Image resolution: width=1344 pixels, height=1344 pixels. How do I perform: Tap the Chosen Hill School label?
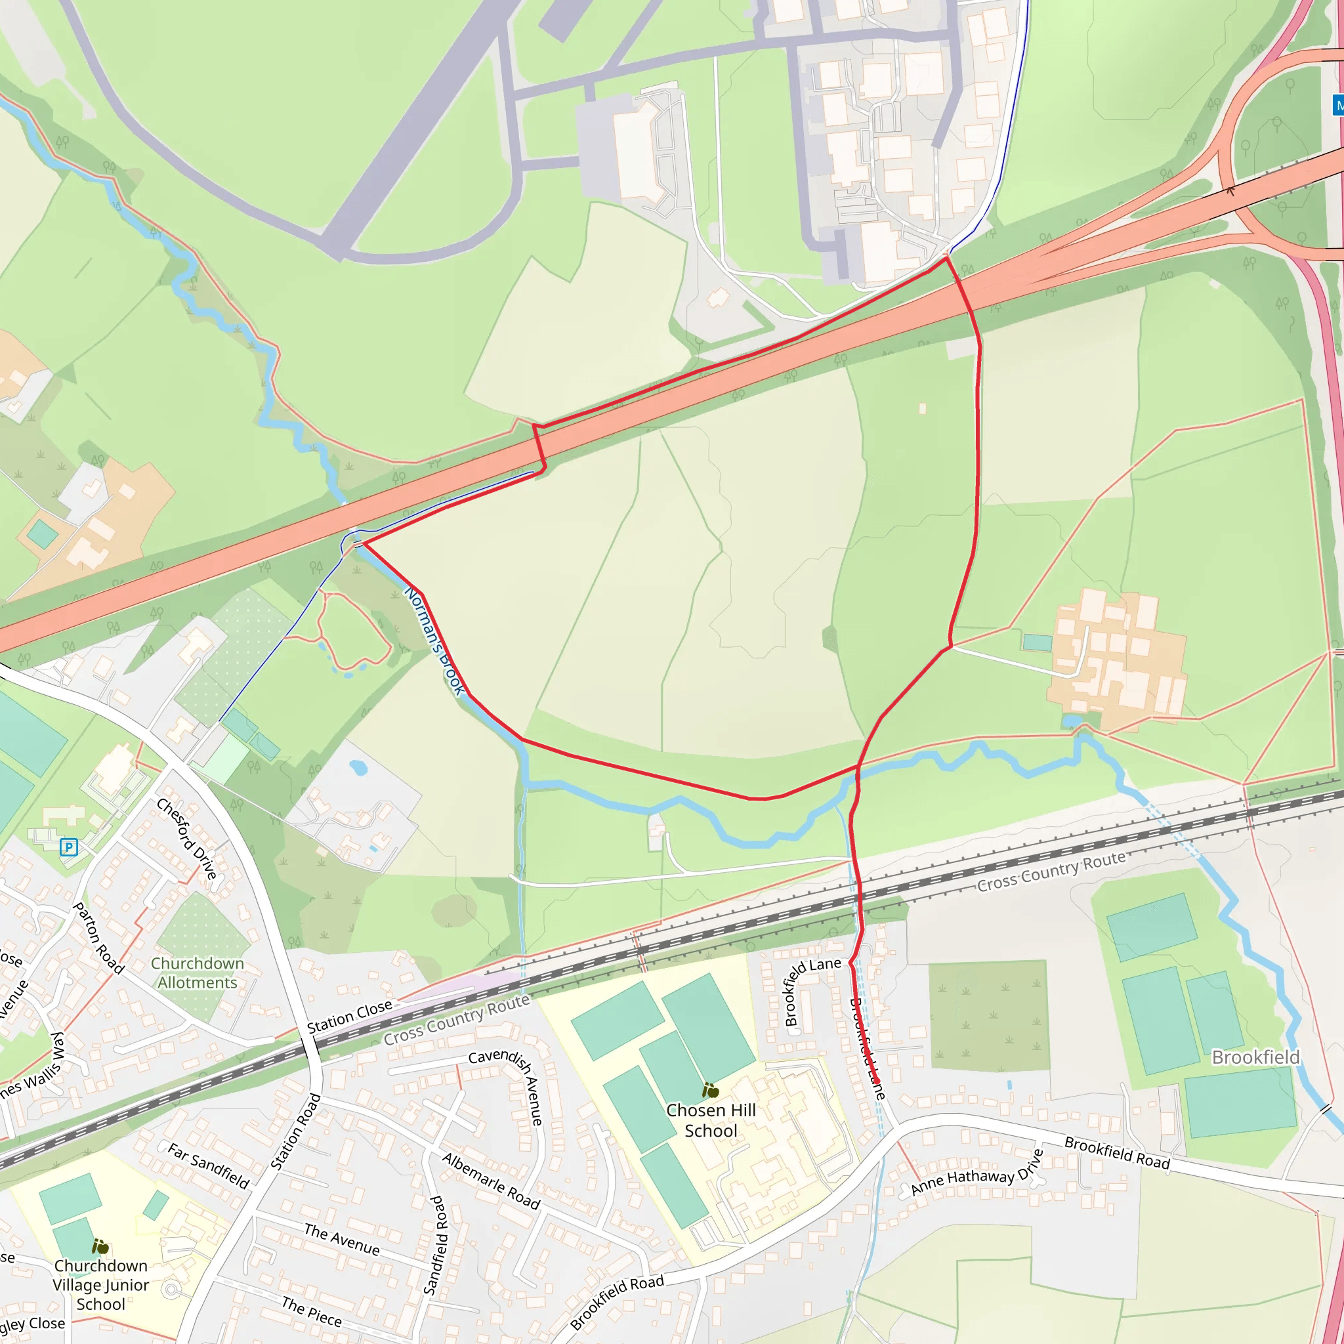[x=710, y=1120]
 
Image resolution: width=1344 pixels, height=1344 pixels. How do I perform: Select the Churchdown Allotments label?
[x=198, y=973]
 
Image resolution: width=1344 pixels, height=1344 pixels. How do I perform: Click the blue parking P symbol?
[x=68, y=847]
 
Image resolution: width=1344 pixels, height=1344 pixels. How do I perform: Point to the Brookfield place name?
[x=1255, y=1057]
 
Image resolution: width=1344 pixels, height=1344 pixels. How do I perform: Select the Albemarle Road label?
[x=491, y=1181]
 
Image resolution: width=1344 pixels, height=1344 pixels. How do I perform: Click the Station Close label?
[x=349, y=1017]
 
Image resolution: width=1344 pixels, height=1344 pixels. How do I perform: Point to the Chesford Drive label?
[x=186, y=838]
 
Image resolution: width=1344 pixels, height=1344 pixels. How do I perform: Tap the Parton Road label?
[x=98, y=938]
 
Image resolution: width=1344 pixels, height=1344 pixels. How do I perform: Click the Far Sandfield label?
[x=208, y=1165]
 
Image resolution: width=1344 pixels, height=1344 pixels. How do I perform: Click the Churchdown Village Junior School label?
[x=101, y=1284]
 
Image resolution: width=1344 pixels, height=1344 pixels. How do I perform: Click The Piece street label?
[x=311, y=1311]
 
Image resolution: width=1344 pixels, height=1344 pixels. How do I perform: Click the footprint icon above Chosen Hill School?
[x=709, y=1090]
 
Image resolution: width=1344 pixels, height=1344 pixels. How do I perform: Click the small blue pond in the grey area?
[x=358, y=767]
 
